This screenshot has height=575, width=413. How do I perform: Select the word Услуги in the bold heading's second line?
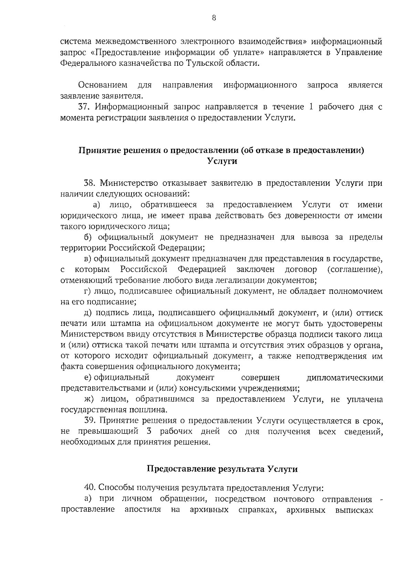tap(222, 161)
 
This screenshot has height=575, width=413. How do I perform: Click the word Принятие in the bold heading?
tap(97, 150)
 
